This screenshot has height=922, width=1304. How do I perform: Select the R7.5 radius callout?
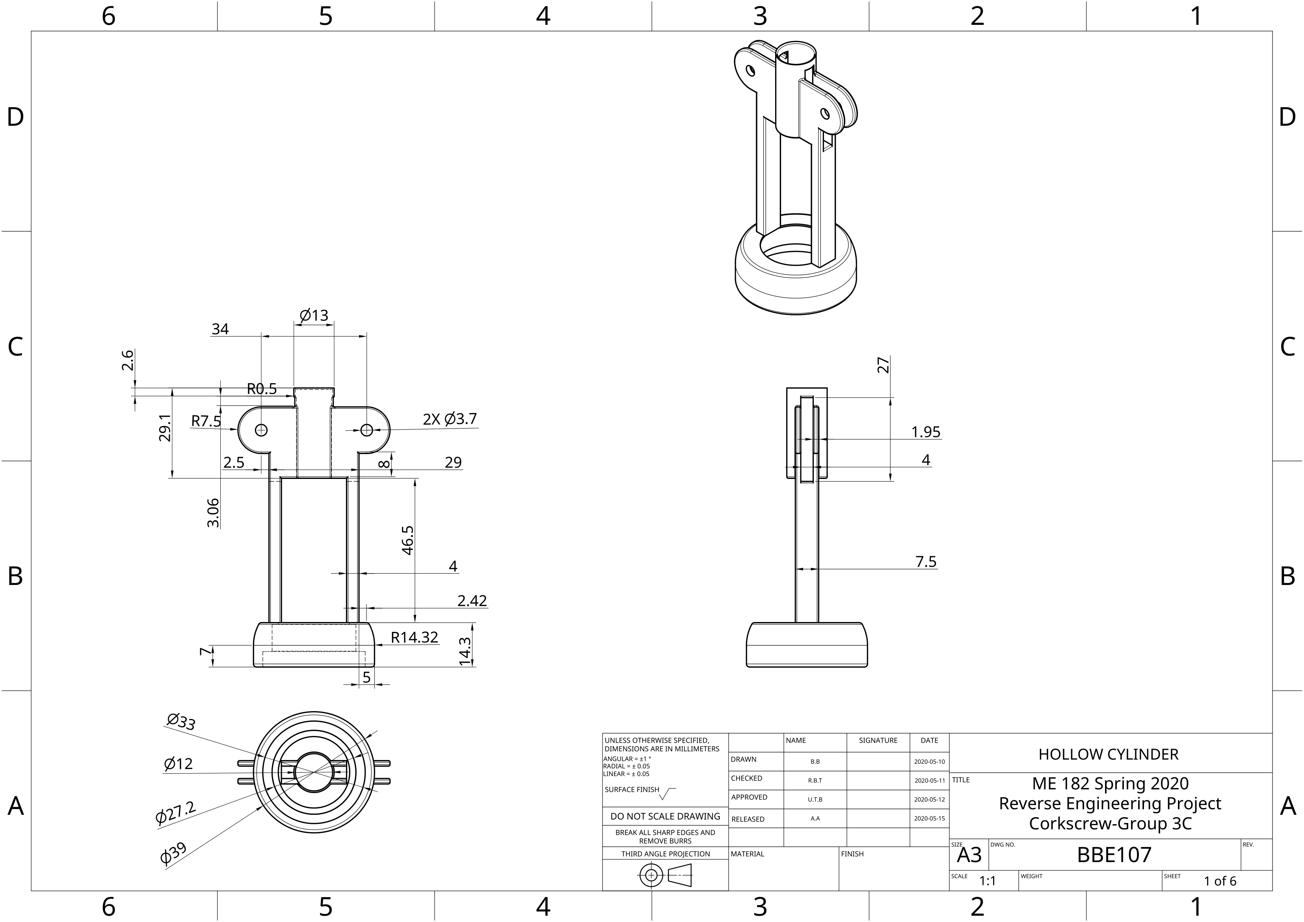point(206,421)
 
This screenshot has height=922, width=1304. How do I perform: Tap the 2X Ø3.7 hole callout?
point(449,419)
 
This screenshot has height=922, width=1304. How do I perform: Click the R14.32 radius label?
point(415,637)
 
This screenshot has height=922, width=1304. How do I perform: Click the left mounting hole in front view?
point(261,430)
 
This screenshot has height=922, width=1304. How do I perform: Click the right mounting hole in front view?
point(367,430)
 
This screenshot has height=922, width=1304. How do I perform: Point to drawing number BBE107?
point(1114,855)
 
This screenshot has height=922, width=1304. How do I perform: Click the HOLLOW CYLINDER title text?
point(1108,754)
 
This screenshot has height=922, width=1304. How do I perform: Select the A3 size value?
point(969,855)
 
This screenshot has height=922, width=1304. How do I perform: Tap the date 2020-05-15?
point(929,819)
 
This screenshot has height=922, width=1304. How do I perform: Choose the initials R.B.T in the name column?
point(815,780)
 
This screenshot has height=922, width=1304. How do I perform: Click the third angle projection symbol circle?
point(651,875)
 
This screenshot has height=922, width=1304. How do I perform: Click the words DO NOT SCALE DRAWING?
point(665,816)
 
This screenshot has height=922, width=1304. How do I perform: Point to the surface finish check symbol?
point(667,793)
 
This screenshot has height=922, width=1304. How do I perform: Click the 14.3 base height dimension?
point(465,651)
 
